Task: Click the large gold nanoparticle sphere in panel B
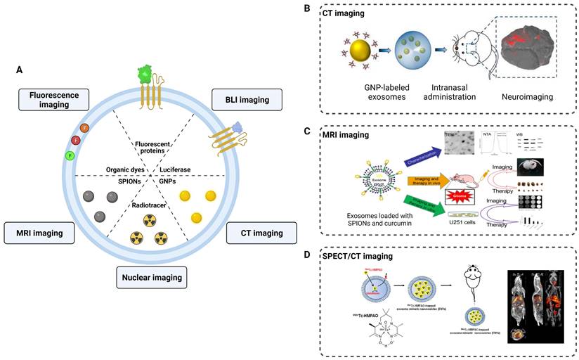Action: [x=360, y=52]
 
